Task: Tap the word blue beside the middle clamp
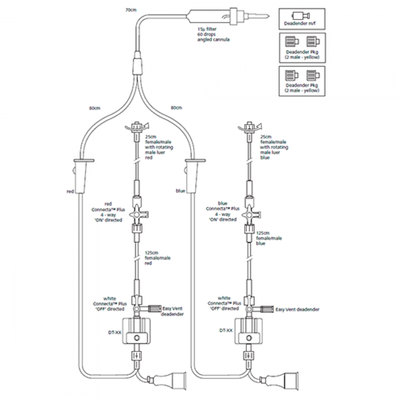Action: coord(180,191)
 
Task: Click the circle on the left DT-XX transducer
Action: coord(136,338)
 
